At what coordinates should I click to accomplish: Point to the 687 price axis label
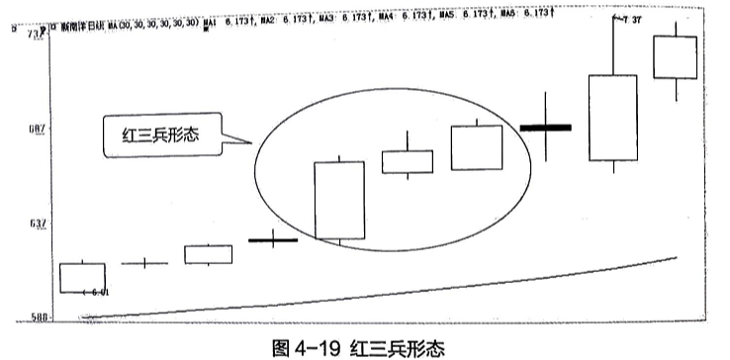coord(35,127)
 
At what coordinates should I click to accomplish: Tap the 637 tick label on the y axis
coord(35,224)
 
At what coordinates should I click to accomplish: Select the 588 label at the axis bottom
coord(35,316)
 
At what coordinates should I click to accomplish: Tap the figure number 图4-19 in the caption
coord(309,348)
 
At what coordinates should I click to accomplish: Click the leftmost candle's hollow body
coord(82,277)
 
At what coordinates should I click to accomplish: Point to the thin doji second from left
coord(144,263)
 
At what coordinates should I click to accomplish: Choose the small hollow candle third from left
coord(208,254)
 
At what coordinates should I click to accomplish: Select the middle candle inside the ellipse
coord(407,162)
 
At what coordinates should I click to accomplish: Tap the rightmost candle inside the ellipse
coord(477,147)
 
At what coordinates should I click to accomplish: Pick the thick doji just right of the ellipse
coord(545,128)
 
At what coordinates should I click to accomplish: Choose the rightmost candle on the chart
coord(676,57)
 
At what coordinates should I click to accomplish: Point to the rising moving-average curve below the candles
coord(396,291)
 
